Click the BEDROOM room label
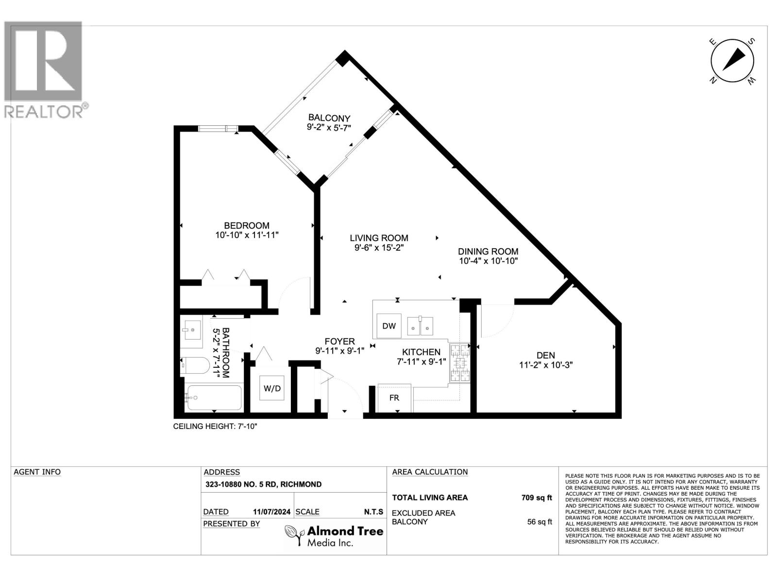[x=246, y=225]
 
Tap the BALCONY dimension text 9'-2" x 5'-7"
[x=329, y=127]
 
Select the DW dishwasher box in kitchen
[x=389, y=326]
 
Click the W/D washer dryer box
[x=272, y=388]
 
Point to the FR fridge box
[x=394, y=398]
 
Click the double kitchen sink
[x=420, y=326]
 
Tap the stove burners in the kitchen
[x=459, y=363]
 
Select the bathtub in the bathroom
[x=214, y=398]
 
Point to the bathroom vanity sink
[x=191, y=330]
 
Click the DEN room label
[x=546, y=355]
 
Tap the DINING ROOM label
[x=488, y=251]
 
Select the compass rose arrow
[x=733, y=61]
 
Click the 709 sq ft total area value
[x=536, y=497]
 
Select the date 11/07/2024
[x=271, y=512]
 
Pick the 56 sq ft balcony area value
[x=540, y=522]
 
